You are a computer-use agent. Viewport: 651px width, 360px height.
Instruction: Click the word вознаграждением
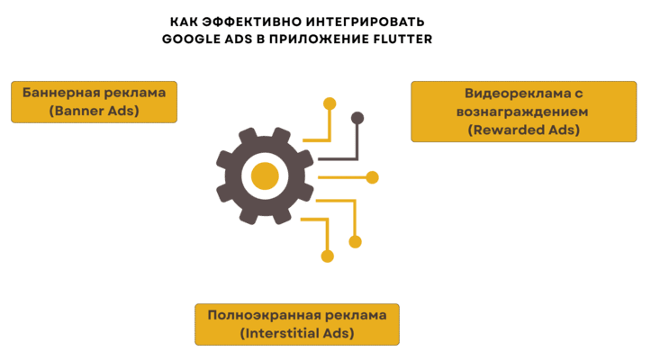523,112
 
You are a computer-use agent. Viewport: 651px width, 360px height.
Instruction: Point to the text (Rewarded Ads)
523,130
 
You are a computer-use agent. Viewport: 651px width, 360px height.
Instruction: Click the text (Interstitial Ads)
296,334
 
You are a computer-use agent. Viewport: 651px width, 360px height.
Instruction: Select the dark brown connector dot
357,118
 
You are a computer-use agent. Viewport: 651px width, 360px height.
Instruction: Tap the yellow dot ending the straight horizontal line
372,177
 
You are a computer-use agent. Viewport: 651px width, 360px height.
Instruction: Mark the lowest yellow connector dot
327,256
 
